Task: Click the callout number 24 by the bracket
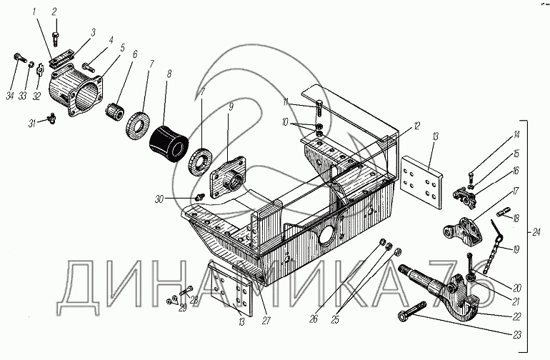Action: pos(536,232)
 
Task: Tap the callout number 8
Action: pos(169,74)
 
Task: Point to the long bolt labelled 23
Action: pos(412,311)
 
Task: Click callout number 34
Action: pos(10,96)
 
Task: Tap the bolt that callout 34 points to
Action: pos(21,58)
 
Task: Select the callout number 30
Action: pos(159,200)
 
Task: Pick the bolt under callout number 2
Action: pos(56,39)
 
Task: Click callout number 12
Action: pos(416,126)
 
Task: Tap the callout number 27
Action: pos(266,320)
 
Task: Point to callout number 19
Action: pos(516,249)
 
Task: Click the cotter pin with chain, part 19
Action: pos(494,246)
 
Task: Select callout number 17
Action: pos(515,192)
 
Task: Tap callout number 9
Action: pos(231,107)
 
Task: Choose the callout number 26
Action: pos(314,319)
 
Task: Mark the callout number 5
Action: pos(122,48)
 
